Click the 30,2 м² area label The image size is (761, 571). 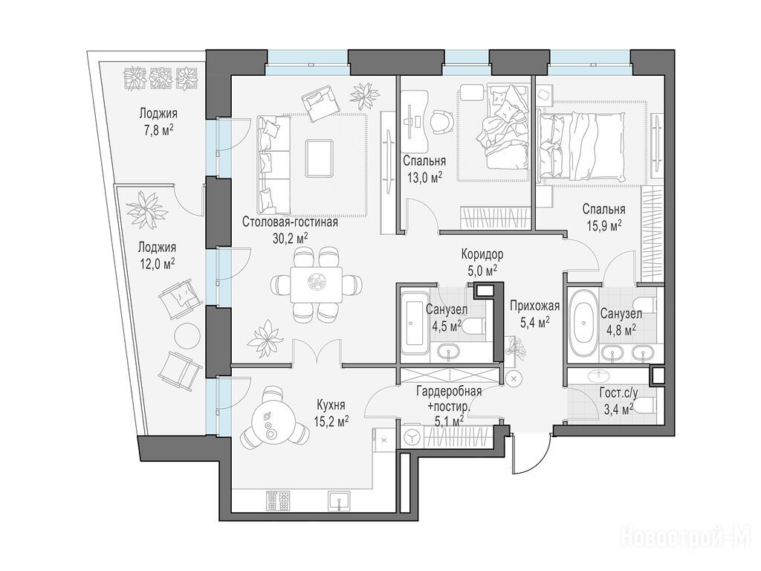(291, 237)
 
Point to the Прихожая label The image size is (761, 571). (535, 306)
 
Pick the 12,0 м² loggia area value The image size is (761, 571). (157, 263)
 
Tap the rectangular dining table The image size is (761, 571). (317, 284)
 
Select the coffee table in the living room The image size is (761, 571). (320, 158)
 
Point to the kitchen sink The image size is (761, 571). (339, 500)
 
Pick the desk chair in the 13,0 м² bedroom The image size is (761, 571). (441, 122)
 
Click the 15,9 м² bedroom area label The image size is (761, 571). (603, 225)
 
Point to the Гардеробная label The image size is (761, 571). (450, 391)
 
